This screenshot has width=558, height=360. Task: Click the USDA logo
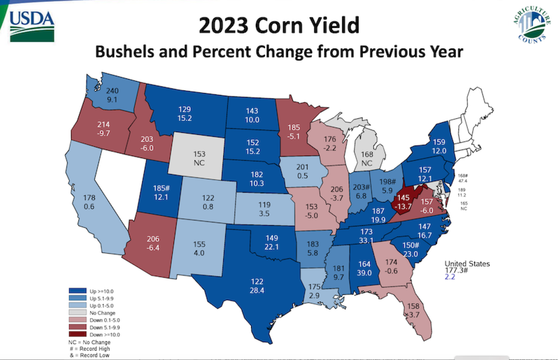pyautogui.click(x=32, y=26)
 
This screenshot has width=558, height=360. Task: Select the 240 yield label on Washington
pyautogui.click(x=112, y=91)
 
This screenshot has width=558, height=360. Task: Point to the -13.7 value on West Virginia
pyautogui.click(x=403, y=207)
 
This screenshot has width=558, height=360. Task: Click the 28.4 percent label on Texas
pyautogui.click(x=257, y=291)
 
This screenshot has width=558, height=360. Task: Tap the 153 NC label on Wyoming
pyautogui.click(x=199, y=158)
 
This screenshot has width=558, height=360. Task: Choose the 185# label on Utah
pyautogui.click(x=161, y=188)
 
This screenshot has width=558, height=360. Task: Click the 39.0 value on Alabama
pyautogui.click(x=364, y=273)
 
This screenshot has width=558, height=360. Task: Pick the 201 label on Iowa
pyautogui.click(x=302, y=167)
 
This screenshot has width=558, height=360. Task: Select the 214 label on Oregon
pyautogui.click(x=103, y=124)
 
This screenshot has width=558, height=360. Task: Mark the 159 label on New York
pyautogui.click(x=439, y=142)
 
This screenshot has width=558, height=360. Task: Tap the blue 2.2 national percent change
pyautogui.click(x=449, y=277)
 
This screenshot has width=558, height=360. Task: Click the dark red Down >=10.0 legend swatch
pyautogui.click(x=77, y=334)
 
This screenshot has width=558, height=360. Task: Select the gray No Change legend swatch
pyautogui.click(x=77, y=312)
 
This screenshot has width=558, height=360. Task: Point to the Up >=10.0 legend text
pyautogui.click(x=102, y=291)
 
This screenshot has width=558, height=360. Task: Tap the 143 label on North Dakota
pyautogui.click(x=252, y=111)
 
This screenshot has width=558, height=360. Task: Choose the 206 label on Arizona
pyautogui.click(x=153, y=239)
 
